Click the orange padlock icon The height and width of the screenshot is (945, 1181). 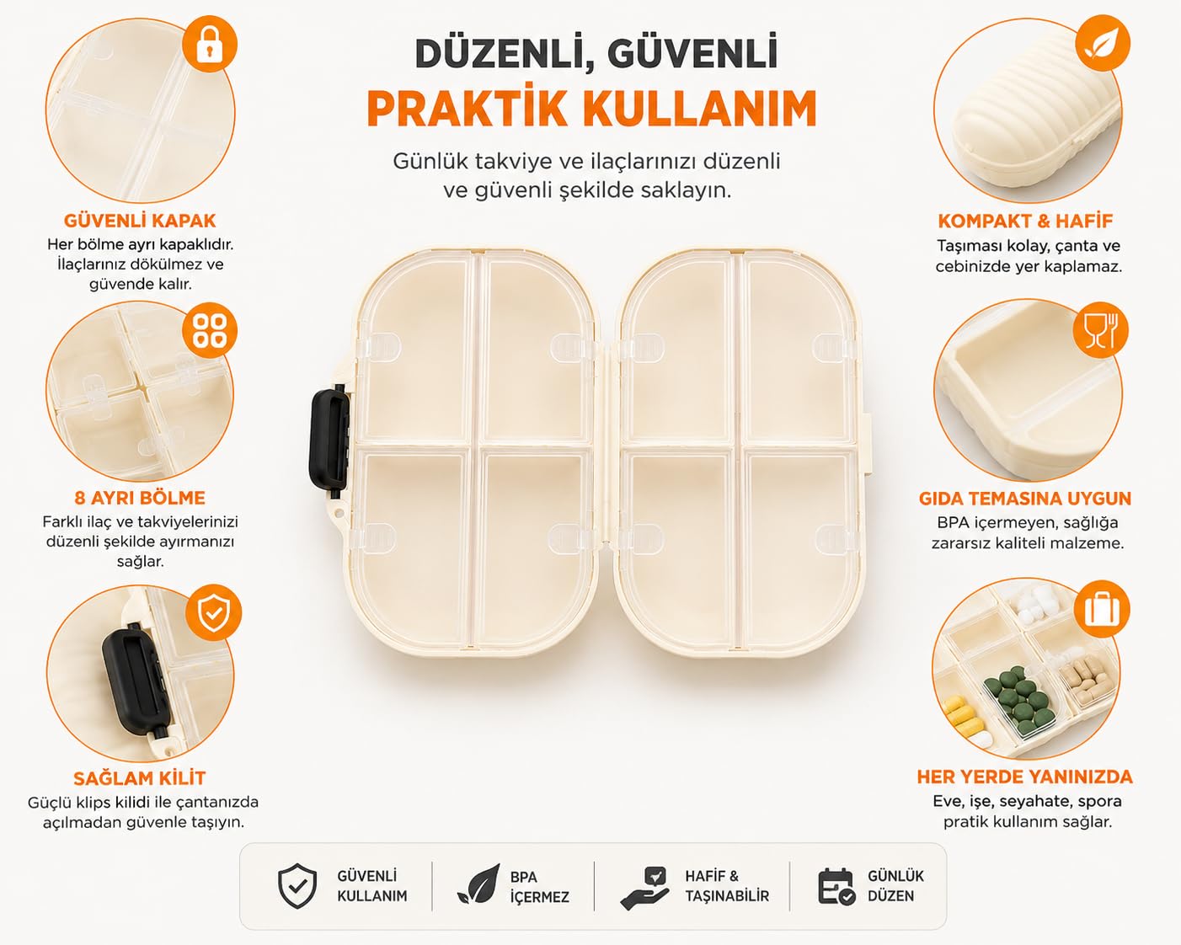click(209, 44)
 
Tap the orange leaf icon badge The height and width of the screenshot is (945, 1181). click(1103, 43)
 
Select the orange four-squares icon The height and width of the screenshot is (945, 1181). click(209, 330)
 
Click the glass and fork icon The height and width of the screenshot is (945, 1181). click(1100, 330)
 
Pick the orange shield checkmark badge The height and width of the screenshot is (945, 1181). click(213, 612)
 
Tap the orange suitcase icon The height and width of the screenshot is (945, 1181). click(1102, 609)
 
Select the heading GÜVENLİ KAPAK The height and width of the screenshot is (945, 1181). click(140, 221)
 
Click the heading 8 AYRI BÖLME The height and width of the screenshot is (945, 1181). click(140, 498)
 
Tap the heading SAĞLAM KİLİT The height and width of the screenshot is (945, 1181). click(140, 777)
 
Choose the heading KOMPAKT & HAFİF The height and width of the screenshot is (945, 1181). click(1025, 221)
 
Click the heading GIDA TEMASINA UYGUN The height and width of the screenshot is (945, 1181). click(1025, 499)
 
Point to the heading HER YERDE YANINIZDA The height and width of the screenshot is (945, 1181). click(1024, 777)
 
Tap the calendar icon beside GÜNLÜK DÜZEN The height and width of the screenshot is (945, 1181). click(836, 886)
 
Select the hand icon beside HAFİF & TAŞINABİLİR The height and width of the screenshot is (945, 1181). click(644, 888)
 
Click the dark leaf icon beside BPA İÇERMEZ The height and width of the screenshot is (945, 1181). click(478, 884)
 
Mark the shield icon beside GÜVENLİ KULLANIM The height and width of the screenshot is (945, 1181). click(297, 886)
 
